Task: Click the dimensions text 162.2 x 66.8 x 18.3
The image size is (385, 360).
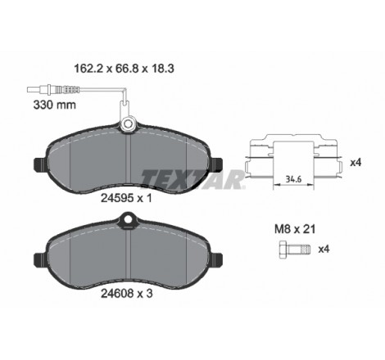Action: click(124, 69)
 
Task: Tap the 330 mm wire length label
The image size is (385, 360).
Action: click(54, 105)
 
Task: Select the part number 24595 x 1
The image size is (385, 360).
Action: click(126, 198)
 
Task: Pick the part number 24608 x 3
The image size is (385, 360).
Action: click(127, 294)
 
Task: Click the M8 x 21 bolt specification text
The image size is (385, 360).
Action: click(295, 229)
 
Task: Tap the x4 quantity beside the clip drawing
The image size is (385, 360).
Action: click(356, 163)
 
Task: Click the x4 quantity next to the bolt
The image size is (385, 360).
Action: click(324, 249)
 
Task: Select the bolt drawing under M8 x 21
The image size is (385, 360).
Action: click(295, 250)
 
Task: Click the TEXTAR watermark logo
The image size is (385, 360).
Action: click(192, 179)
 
